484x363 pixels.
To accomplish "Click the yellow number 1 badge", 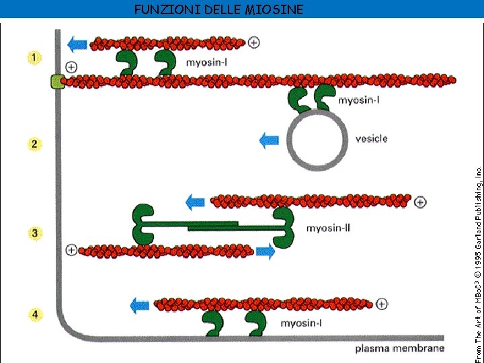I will click(x=33, y=57).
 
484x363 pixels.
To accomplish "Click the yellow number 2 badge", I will click(x=33, y=144).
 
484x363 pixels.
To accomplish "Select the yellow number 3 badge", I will click(x=33, y=233).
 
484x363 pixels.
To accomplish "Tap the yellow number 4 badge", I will click(x=33, y=314).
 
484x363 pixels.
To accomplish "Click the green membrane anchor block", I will click(x=56, y=82).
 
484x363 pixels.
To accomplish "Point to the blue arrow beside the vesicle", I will click(x=269, y=140).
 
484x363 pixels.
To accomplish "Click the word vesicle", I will click(x=371, y=138).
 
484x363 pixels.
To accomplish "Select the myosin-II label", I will click(x=328, y=228).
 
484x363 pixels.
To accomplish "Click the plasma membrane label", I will click(x=399, y=348).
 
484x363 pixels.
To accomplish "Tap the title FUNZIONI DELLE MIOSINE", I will click(x=218, y=9).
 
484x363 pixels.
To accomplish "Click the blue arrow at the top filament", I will click(x=77, y=44).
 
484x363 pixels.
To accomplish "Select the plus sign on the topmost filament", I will click(x=253, y=42).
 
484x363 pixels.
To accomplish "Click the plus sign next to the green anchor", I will click(x=71, y=67).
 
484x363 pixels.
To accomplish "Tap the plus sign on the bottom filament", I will click(x=381, y=304).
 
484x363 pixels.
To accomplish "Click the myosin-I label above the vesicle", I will click(x=359, y=101).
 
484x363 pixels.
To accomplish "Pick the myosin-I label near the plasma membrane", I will click(x=301, y=323).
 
